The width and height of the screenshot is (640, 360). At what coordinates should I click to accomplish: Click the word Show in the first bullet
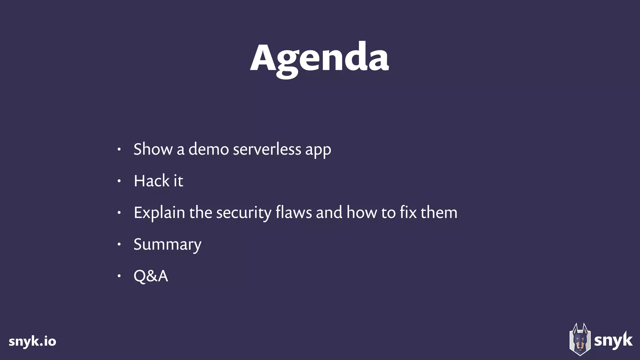click(x=153, y=149)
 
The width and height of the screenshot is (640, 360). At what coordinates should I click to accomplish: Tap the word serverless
click(x=267, y=149)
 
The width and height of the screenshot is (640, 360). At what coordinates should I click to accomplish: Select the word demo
click(x=208, y=149)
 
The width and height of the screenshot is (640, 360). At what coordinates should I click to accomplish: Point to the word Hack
click(x=151, y=181)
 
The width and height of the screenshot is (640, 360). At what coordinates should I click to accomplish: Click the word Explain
click(x=159, y=213)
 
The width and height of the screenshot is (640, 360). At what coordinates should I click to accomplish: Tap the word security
click(x=243, y=213)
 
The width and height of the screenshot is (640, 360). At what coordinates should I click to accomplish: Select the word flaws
click(x=293, y=212)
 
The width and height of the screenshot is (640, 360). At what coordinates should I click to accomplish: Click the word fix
click(x=408, y=212)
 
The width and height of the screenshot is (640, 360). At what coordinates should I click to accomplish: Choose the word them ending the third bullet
click(x=439, y=212)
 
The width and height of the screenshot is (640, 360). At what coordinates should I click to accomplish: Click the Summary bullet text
click(x=167, y=245)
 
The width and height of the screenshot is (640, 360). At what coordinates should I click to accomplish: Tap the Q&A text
click(x=151, y=276)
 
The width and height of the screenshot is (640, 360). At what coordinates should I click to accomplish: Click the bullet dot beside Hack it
click(x=119, y=181)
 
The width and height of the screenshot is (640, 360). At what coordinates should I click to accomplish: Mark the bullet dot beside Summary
click(x=119, y=244)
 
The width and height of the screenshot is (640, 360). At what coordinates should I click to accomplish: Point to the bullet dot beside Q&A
click(x=119, y=276)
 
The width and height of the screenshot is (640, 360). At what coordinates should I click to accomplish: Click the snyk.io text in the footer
click(x=32, y=342)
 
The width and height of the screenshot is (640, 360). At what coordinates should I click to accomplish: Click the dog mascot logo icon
click(x=580, y=340)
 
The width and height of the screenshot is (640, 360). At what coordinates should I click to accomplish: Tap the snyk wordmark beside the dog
click(x=613, y=341)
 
